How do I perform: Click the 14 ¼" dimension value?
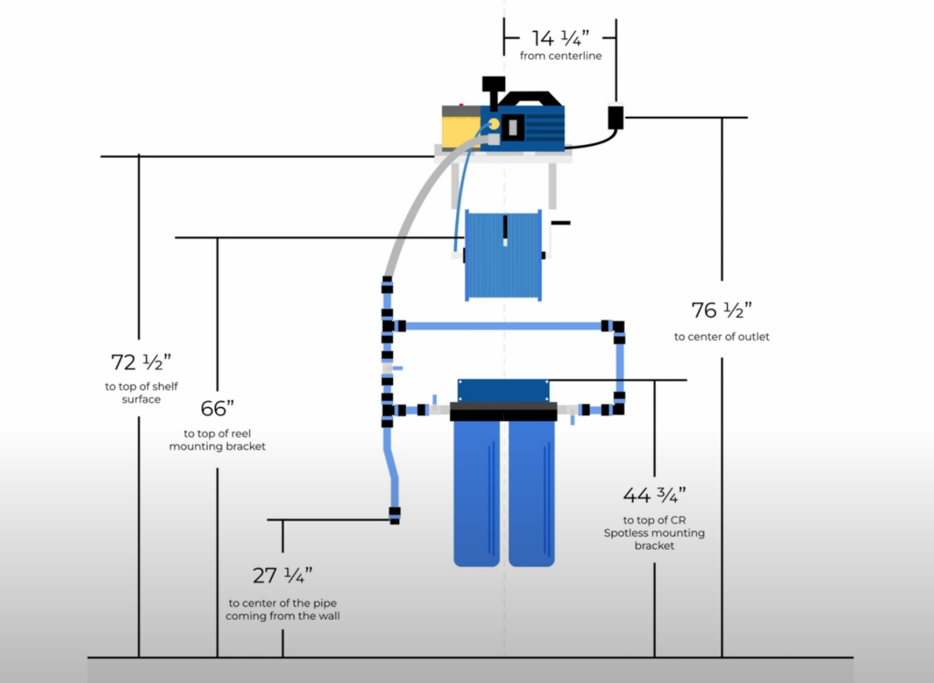[x=560, y=37]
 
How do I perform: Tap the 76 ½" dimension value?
[x=721, y=310]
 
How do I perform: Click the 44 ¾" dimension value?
[x=654, y=495]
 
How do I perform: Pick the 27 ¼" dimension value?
[x=282, y=575]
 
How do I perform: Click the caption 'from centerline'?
[x=560, y=57]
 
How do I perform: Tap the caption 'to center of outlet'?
[x=721, y=337]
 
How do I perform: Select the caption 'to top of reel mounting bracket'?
[x=217, y=440]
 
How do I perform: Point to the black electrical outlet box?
[x=616, y=118]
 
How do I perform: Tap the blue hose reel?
[x=503, y=255]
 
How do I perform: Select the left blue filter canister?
[x=477, y=493]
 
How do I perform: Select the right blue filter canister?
[x=531, y=493]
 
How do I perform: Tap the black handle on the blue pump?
[x=524, y=99]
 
